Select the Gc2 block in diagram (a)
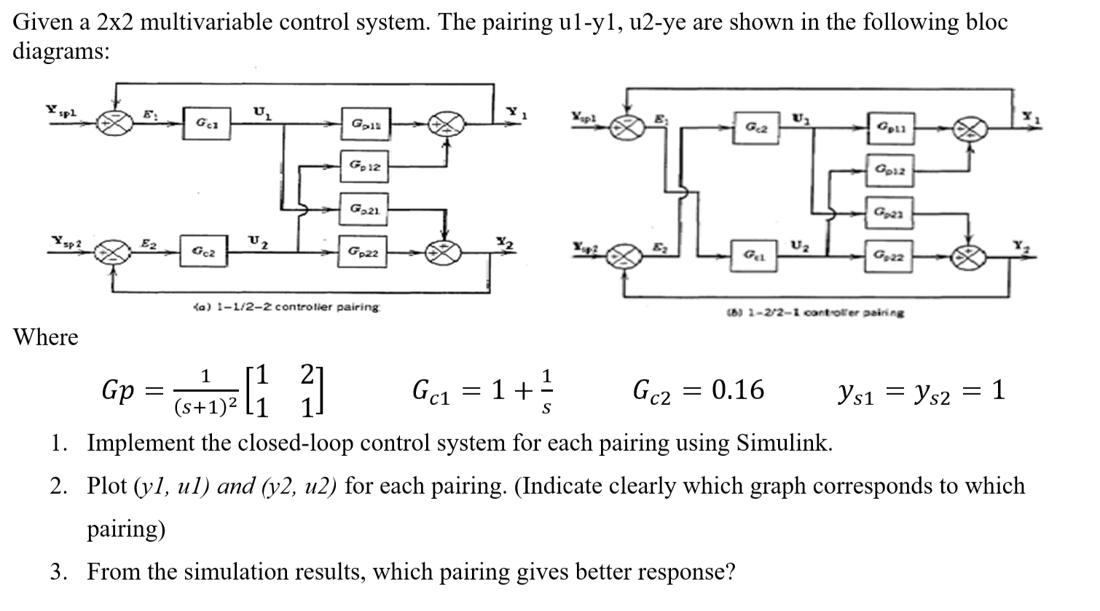(x=203, y=253)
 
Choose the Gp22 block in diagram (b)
(x=887, y=256)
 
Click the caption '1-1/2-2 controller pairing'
(x=283, y=307)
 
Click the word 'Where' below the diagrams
(x=46, y=338)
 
